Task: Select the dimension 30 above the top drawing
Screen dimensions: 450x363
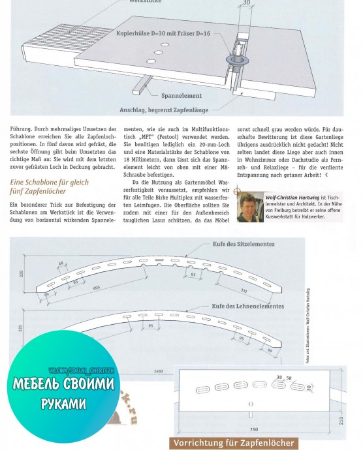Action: coord(245,3)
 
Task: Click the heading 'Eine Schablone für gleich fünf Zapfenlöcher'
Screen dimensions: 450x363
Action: coord(49,187)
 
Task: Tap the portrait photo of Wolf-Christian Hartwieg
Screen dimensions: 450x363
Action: coord(250,207)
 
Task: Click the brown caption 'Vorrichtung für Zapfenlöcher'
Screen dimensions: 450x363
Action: coord(233,443)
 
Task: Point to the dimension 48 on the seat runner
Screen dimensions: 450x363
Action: coord(61,263)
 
